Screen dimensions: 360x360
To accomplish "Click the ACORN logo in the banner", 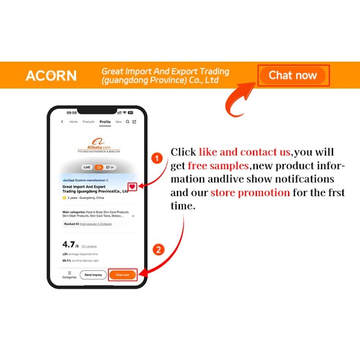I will (x=51, y=76).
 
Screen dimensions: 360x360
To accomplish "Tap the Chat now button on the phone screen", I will (x=122, y=274).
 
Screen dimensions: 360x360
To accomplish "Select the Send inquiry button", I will (x=93, y=274).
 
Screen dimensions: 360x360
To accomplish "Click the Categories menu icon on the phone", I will (x=69, y=273).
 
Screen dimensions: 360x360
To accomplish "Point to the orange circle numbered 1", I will (x=156, y=158).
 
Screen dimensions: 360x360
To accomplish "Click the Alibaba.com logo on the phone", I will (x=99, y=144).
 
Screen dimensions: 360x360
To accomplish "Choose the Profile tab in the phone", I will (x=105, y=122).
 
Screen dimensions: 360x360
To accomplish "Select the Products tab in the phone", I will (x=88, y=122).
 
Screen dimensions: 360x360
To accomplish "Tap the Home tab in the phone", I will (x=73, y=122).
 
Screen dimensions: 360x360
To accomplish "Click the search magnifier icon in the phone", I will (x=128, y=122).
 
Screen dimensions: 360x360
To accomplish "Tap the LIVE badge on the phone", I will (x=87, y=167).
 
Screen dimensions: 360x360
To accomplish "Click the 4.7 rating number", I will (x=68, y=244).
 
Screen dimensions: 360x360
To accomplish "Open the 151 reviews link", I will (x=89, y=247).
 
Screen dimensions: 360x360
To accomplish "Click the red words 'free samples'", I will (x=218, y=166).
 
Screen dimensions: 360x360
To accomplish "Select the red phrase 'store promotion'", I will (x=250, y=193).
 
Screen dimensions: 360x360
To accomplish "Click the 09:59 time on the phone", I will (x=72, y=112).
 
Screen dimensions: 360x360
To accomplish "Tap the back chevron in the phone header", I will (x=62, y=122).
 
